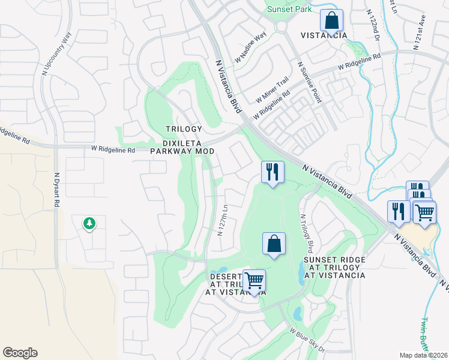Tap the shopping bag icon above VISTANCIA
[x=331, y=21]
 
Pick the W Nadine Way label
[x=253, y=46]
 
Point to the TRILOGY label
[x=184, y=130]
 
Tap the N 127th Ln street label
[x=223, y=220]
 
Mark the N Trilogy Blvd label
[x=305, y=233]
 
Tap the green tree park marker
[x=89, y=223]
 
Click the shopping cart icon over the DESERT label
[x=255, y=281]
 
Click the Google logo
[x=20, y=353]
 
